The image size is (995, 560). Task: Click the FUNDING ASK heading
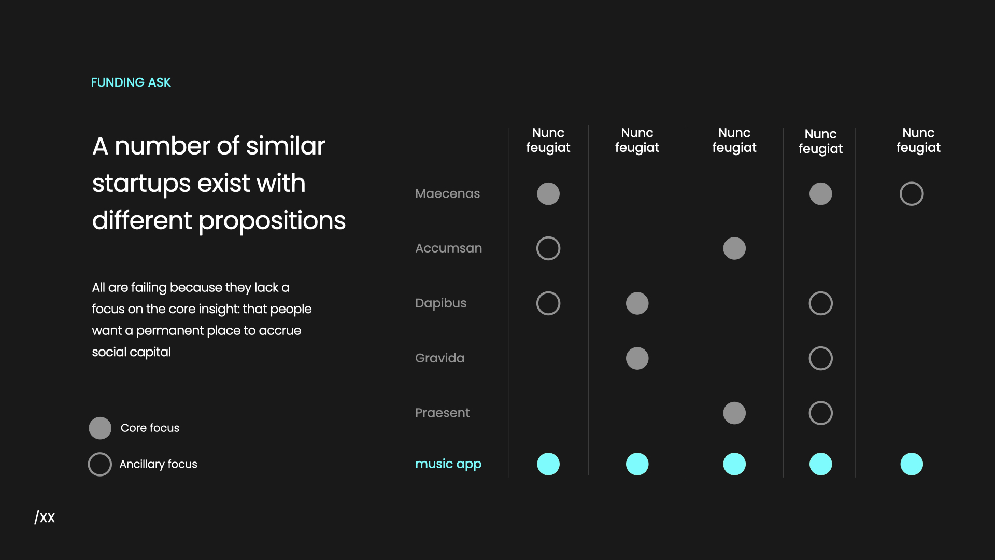[x=131, y=82]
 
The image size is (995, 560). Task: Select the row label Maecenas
[x=447, y=193]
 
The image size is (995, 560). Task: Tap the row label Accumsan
[x=448, y=248]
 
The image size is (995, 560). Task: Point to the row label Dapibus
[x=440, y=303]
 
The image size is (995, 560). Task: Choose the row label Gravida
[x=439, y=358]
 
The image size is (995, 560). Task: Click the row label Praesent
[x=442, y=413]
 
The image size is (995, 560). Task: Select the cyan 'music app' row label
[x=448, y=464]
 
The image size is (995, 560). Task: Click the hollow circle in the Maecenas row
[x=912, y=194]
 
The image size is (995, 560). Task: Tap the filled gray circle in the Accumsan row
[x=734, y=248]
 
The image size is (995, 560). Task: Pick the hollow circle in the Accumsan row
[x=548, y=248]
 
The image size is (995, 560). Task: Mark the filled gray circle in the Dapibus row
[x=637, y=303]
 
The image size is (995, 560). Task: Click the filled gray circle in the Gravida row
[x=637, y=358]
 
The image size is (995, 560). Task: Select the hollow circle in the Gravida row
[x=820, y=358]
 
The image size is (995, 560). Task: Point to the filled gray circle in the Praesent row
[x=734, y=413]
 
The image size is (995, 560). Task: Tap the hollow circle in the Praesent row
[x=820, y=413]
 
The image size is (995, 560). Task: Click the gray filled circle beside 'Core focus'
[x=100, y=428]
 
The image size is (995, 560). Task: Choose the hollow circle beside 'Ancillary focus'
[x=100, y=464]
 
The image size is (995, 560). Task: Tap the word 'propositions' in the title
[x=272, y=221]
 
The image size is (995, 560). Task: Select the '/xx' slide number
[x=45, y=517]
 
